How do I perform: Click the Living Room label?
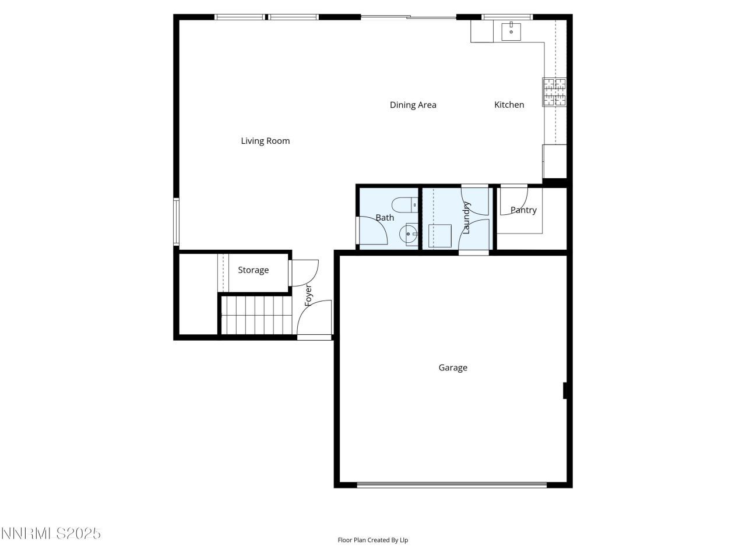pyautogui.click(x=265, y=141)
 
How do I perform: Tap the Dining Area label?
pyautogui.click(x=413, y=105)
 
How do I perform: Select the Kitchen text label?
pyautogui.click(x=509, y=105)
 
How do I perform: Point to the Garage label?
pyautogui.click(x=453, y=367)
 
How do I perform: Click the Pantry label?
pyautogui.click(x=523, y=210)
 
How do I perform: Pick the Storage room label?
pyautogui.click(x=253, y=270)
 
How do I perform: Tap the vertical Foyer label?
pyautogui.click(x=309, y=295)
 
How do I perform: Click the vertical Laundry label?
pyautogui.click(x=466, y=218)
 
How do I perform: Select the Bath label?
pyautogui.click(x=385, y=218)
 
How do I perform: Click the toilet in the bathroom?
pyautogui.click(x=404, y=205)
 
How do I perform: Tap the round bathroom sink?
pyautogui.click(x=407, y=235)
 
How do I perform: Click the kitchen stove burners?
pyautogui.click(x=554, y=93)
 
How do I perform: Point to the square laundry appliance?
pyautogui.click(x=441, y=236)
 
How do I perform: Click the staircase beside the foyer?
pyautogui.click(x=255, y=315)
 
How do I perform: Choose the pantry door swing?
pyautogui.click(x=513, y=199)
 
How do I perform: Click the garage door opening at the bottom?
pyautogui.click(x=452, y=484)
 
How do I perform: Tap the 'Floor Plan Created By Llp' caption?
pyautogui.click(x=373, y=540)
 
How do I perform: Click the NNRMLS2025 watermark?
pyautogui.click(x=51, y=533)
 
